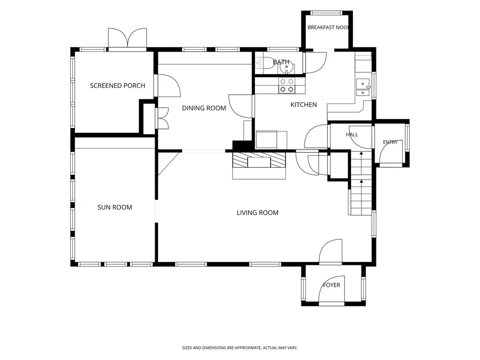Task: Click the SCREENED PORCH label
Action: [x=118, y=86]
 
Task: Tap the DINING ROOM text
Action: [x=204, y=108]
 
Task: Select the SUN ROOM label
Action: [x=115, y=207]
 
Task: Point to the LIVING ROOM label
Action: [x=257, y=213]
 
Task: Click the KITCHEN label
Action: [x=304, y=105]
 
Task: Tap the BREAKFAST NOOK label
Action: [x=328, y=28]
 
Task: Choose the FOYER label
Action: [x=331, y=285]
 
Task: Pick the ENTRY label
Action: [x=390, y=142]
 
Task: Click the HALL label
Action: [x=352, y=135]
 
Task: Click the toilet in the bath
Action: [x=266, y=63]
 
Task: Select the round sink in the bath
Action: [x=287, y=68]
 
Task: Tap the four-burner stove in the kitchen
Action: [x=286, y=85]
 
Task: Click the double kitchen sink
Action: [x=363, y=88]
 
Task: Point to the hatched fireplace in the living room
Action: [x=259, y=160]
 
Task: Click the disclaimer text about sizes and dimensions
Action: [x=240, y=348]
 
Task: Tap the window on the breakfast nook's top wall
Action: [x=326, y=13]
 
